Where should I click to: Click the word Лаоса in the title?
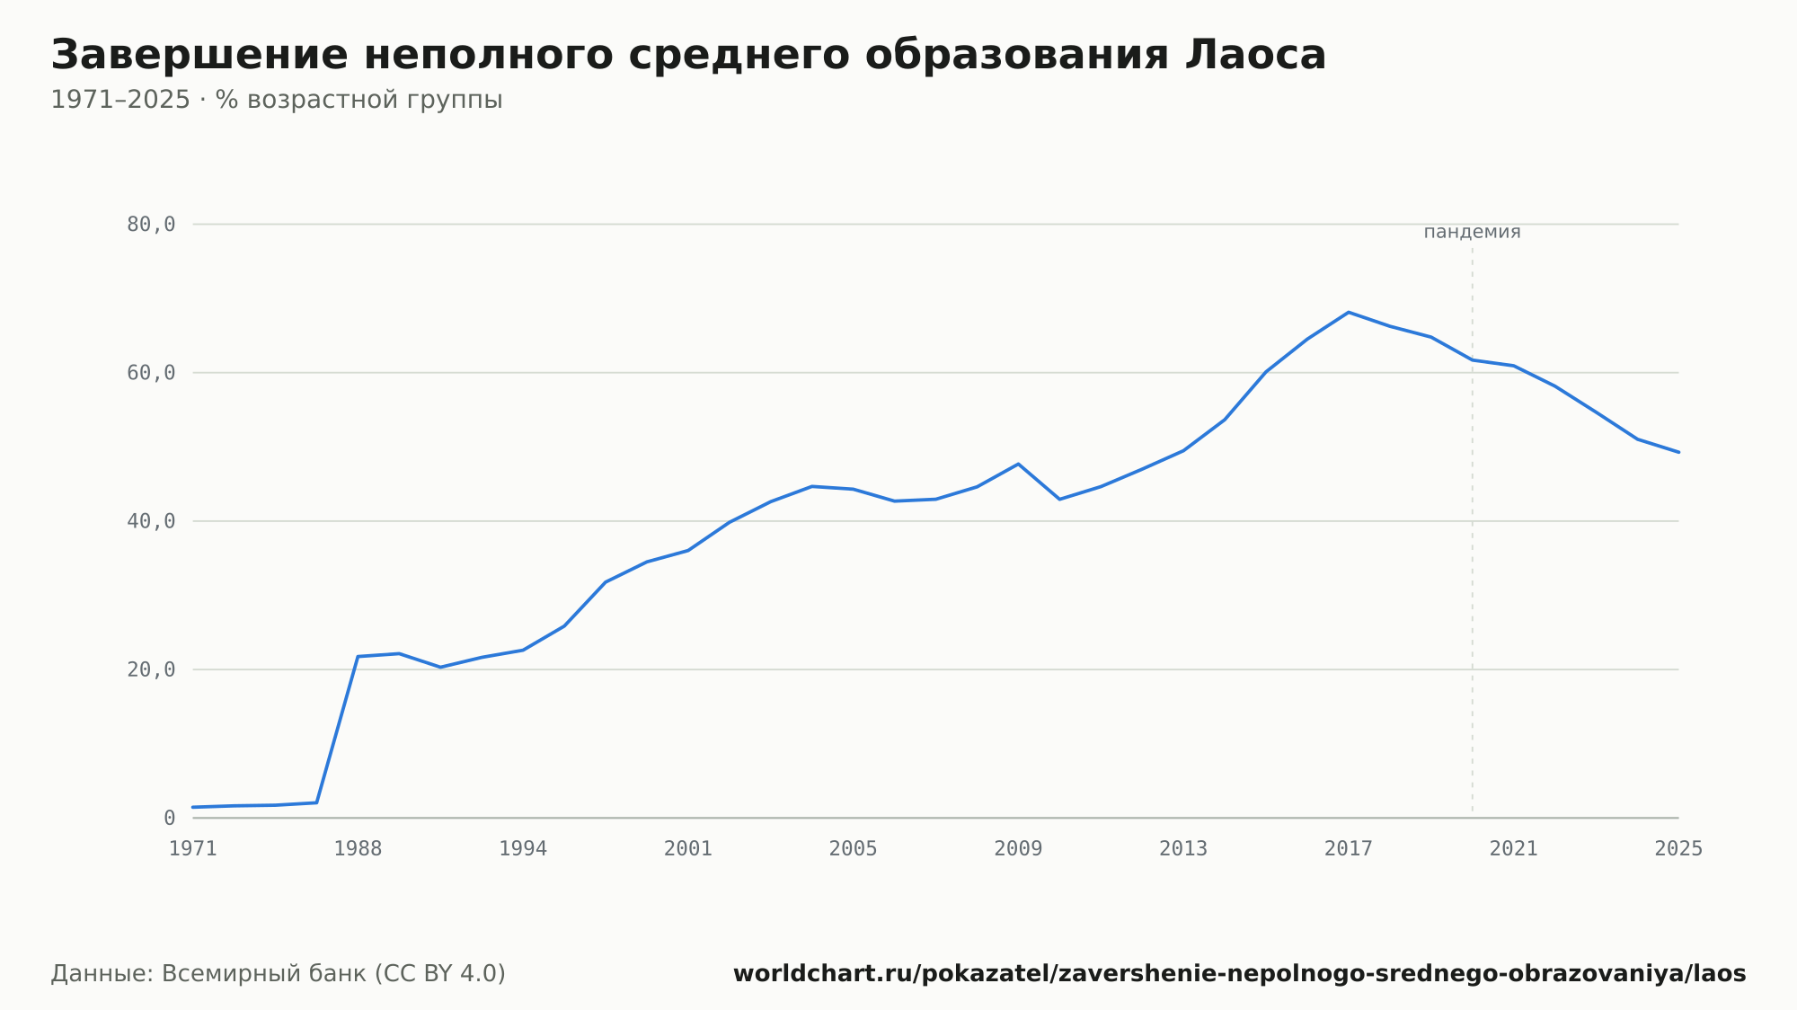tap(1255, 55)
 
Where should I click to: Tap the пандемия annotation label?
tap(1472, 232)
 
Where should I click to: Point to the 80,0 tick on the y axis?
tap(151, 225)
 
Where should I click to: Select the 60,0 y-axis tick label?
tap(151, 373)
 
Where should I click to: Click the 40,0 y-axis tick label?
tap(151, 521)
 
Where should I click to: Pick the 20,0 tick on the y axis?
tap(151, 669)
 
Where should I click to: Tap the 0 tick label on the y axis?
tap(169, 818)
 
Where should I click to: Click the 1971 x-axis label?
tap(193, 849)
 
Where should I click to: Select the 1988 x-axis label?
tap(358, 849)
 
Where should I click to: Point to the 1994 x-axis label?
tap(523, 849)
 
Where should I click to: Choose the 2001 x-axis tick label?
tap(688, 849)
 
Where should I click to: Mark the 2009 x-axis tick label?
tap(1018, 849)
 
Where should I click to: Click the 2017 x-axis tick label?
tap(1349, 849)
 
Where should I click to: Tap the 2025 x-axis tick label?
tap(1678, 849)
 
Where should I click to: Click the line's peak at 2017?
tap(1349, 312)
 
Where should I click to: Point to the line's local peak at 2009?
tap(1018, 464)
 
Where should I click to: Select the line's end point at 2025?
tap(1678, 452)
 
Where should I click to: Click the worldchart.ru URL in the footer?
tap(1240, 974)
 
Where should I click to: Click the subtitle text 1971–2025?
tap(120, 100)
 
